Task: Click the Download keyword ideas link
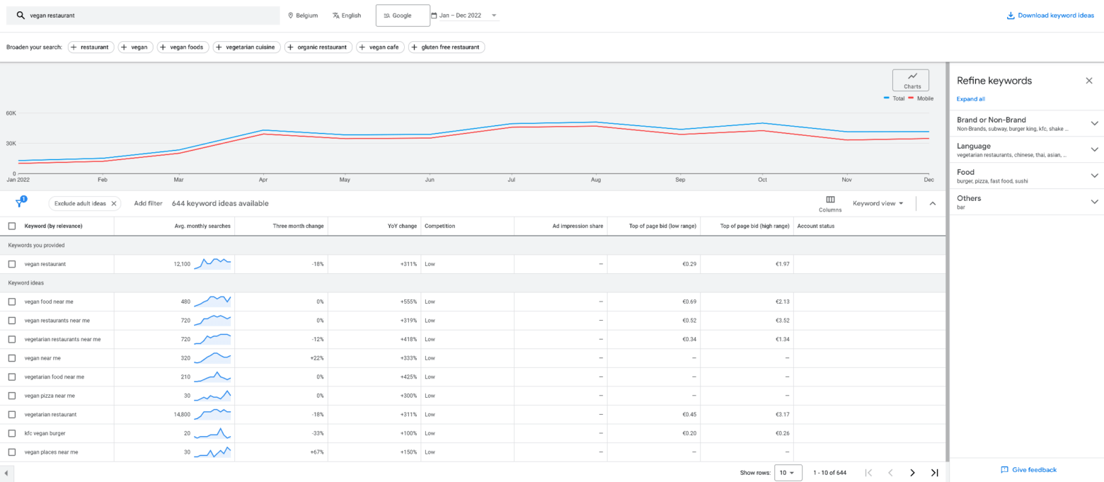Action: click(1050, 16)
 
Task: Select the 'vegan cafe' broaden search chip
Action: click(380, 47)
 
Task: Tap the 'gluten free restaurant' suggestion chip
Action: click(446, 47)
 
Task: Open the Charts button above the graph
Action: click(911, 80)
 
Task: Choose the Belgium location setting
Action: click(303, 16)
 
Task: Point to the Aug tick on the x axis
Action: click(596, 180)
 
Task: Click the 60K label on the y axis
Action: click(11, 113)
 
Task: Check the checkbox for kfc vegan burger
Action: click(12, 433)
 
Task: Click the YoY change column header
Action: click(402, 226)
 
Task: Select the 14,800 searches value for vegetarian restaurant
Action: click(177, 414)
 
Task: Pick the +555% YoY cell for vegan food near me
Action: click(407, 302)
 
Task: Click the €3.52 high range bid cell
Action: click(781, 321)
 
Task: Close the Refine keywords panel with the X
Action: click(1089, 81)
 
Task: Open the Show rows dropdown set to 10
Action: click(788, 473)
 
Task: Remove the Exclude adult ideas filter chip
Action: click(114, 204)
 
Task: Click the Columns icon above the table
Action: click(830, 204)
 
